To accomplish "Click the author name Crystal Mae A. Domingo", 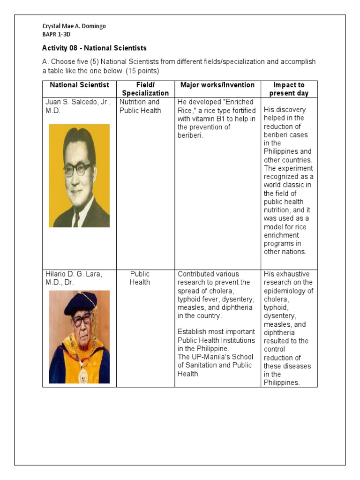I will (x=74, y=26).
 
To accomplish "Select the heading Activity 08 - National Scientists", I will (x=94, y=48).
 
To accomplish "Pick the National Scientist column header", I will (x=79, y=85).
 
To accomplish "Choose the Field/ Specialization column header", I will (x=145, y=89).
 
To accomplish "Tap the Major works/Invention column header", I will (x=217, y=85).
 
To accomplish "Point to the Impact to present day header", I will (x=289, y=89).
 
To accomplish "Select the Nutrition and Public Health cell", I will (x=140, y=106).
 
